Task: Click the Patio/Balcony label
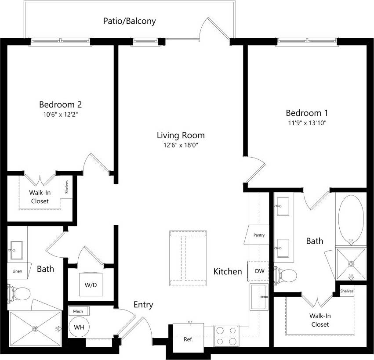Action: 129,21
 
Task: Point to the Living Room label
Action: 181,135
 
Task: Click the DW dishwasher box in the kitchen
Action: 259,271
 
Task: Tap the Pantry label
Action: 259,235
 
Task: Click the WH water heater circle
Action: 80,328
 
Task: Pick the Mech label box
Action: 78,311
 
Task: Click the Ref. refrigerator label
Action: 188,339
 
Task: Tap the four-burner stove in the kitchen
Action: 227,335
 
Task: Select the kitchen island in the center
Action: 188,256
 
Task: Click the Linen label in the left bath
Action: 17,271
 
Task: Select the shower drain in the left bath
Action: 36,328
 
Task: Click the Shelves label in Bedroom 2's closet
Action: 67,187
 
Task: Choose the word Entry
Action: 143,305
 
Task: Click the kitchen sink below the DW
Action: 259,296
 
